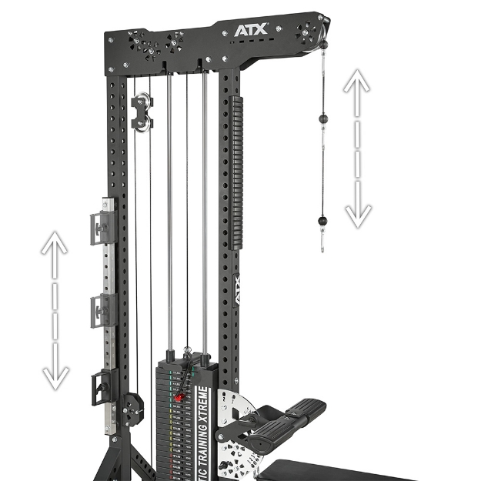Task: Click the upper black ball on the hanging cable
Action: [x=323, y=119]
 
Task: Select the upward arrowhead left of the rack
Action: [x=54, y=244]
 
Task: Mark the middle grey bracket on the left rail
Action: [x=102, y=309]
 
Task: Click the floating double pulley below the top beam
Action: [x=142, y=113]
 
